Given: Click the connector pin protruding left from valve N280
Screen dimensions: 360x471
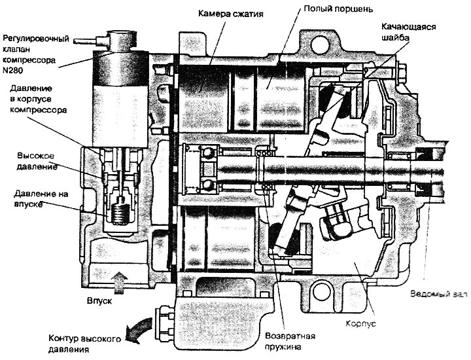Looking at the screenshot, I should (x=85, y=41).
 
